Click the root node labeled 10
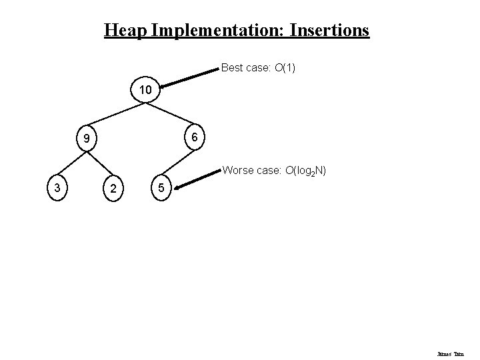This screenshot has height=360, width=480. (145, 89)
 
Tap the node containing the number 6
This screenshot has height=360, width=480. (193, 136)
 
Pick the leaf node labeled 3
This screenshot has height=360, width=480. (58, 188)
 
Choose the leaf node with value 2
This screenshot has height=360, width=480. (115, 189)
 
